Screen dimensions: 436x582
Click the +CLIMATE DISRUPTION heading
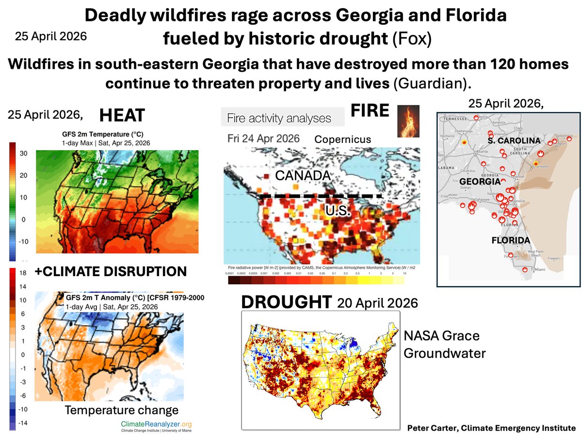click(111, 272)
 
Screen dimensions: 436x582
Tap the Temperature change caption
click(121, 410)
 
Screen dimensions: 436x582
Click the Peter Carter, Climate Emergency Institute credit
click(491, 428)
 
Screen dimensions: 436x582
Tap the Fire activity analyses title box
click(279, 118)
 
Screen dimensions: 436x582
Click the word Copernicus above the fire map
click(342, 140)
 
